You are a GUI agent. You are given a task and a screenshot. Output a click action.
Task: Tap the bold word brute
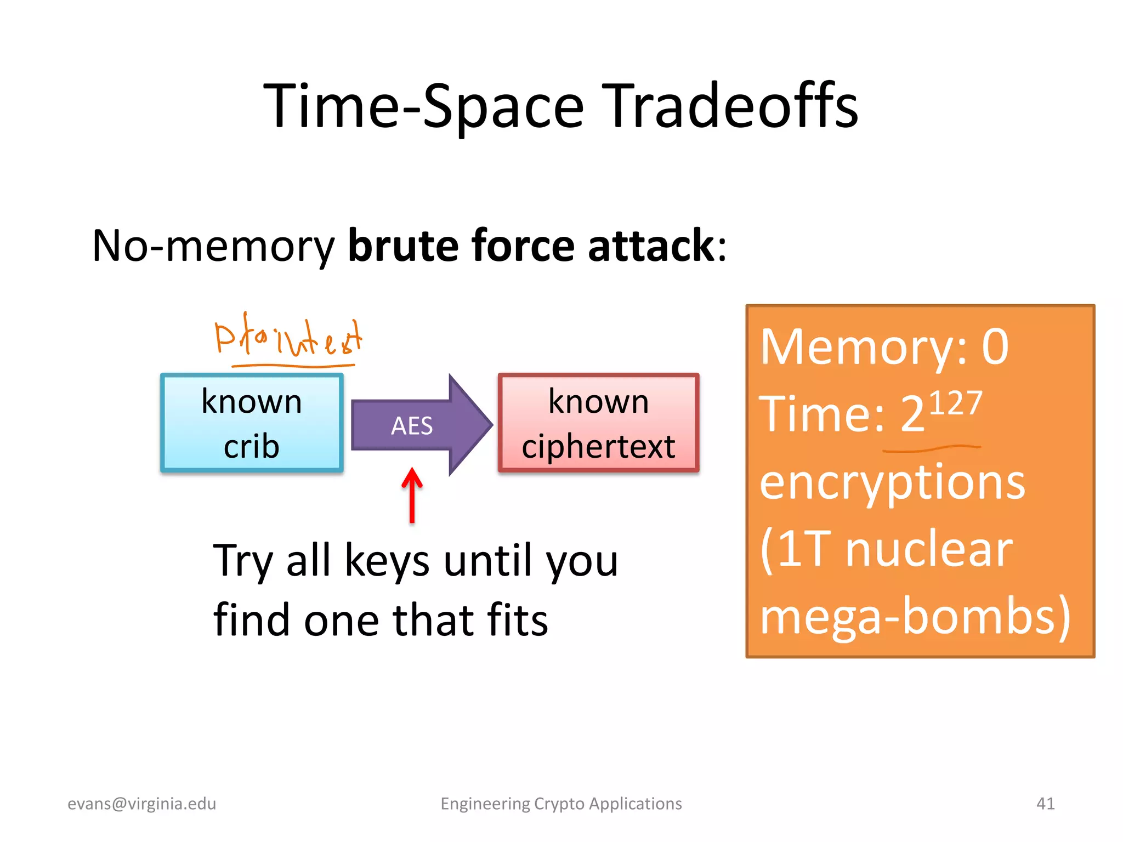pos(403,245)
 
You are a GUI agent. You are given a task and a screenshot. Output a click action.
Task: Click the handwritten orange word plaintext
pos(288,335)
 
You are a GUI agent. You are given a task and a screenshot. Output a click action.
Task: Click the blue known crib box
pos(252,423)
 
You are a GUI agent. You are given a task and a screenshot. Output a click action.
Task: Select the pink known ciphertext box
pos(598,423)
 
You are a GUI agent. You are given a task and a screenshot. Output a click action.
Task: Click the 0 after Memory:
pos(995,346)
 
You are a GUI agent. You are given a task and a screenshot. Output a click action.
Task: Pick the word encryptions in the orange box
pos(892,482)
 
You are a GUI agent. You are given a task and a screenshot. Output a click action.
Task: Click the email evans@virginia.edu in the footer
pos(141,804)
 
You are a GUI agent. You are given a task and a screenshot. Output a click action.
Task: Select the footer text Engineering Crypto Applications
pos(561,804)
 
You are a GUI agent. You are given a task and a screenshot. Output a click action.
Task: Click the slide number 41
pos(1045,804)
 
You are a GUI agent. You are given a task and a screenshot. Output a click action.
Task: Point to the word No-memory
pos(213,246)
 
